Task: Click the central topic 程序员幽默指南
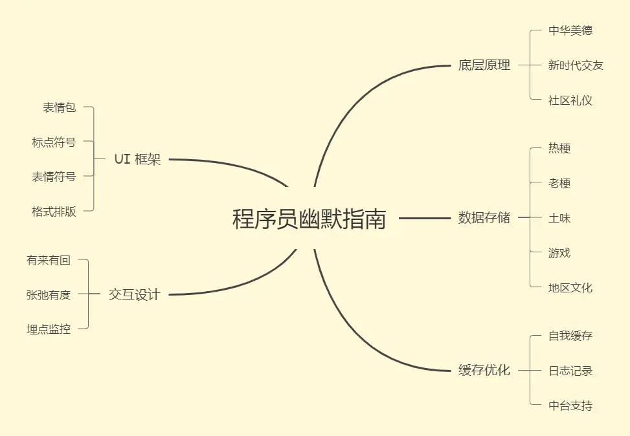coord(309,219)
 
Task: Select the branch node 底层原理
coord(484,65)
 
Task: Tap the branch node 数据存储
coord(484,218)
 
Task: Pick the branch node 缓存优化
coord(484,371)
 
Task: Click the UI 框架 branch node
coord(137,159)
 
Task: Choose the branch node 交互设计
coord(134,295)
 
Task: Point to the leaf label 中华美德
coord(570,30)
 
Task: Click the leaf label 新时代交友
coord(576,65)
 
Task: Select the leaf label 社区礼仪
coord(570,100)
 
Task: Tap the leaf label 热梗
coord(559,148)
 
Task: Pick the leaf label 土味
coord(559,218)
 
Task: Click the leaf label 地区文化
coord(570,288)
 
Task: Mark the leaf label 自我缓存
coord(570,336)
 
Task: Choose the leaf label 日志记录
coord(570,371)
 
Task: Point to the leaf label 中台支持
coord(570,406)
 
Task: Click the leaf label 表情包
coord(60,107)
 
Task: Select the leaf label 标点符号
coord(54,142)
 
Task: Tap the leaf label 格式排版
coord(54,212)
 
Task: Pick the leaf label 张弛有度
coord(49,295)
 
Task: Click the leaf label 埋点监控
coord(49,329)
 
